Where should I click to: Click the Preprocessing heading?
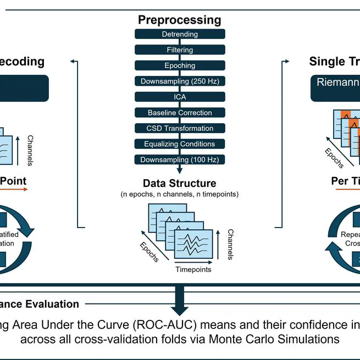180,20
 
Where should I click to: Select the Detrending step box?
180,34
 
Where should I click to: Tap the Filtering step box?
180,50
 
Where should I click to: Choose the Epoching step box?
180,65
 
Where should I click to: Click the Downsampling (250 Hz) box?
180,81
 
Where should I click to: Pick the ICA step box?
180,97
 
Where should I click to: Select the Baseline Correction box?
180,113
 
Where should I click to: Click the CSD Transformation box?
180,128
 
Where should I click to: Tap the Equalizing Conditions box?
180,144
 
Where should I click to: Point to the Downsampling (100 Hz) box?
180,159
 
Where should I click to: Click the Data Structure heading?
180,183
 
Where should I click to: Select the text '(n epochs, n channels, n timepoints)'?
180,195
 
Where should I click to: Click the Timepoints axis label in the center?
193,269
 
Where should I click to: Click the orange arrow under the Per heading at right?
346,189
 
